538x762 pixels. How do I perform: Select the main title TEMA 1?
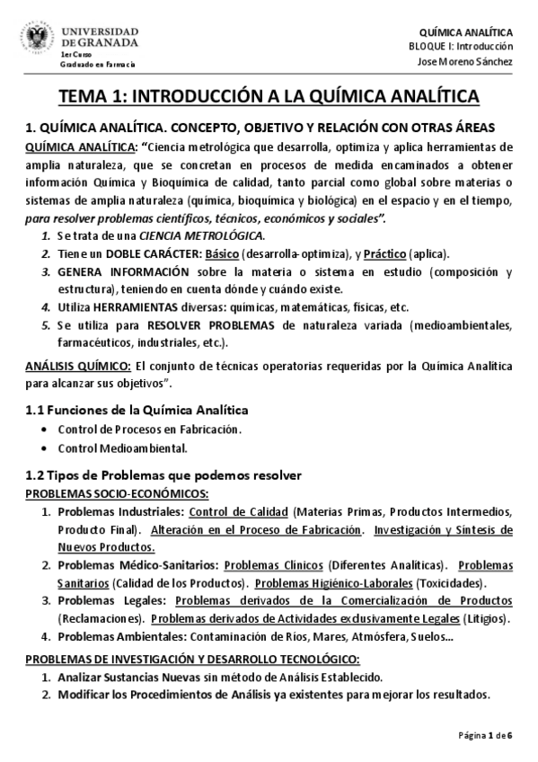269,97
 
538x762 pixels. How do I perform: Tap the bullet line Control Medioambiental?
121,447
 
